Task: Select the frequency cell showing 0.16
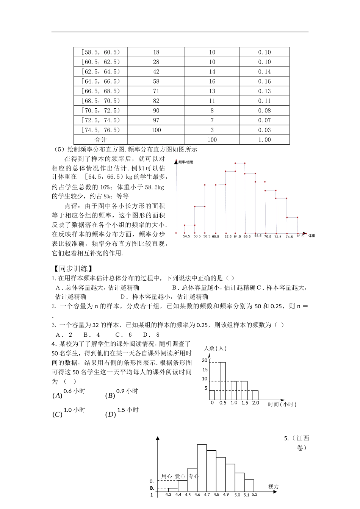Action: [x=265, y=81]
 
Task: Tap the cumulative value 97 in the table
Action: [x=156, y=120]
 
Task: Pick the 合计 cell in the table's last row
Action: [x=101, y=140]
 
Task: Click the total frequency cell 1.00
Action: [x=265, y=140]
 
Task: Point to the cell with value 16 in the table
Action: [x=212, y=81]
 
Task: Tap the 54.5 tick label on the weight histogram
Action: [x=186, y=236]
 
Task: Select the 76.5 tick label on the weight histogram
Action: [x=300, y=236]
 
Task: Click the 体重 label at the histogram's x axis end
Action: [x=311, y=236]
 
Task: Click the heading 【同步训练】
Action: [x=71, y=269]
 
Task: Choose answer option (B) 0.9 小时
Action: [x=121, y=393]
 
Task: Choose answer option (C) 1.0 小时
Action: [x=69, y=412]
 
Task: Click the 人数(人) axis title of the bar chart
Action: [x=215, y=348]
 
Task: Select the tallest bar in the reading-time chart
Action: [x=223, y=381]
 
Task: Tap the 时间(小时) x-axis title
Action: [x=282, y=404]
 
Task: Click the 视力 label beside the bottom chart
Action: [x=273, y=486]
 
